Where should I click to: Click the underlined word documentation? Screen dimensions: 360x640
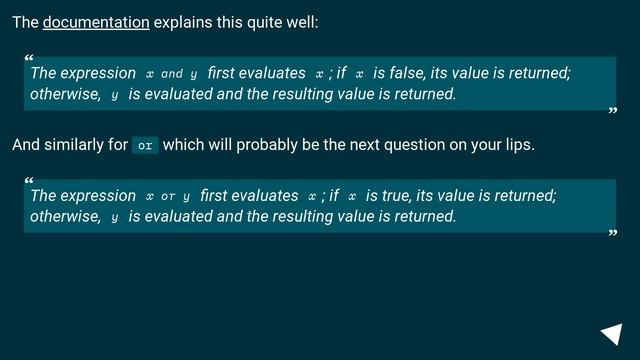[96, 22]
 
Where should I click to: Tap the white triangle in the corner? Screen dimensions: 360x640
[612, 335]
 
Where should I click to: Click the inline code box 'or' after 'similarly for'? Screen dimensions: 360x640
[145, 145]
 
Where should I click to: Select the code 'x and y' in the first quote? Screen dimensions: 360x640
[171, 74]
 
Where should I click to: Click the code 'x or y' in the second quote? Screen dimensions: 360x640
[167, 197]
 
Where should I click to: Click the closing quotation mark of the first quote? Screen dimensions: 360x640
[613, 112]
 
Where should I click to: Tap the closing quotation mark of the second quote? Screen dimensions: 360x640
[613, 235]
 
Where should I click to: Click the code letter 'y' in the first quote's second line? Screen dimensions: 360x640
[115, 96]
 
